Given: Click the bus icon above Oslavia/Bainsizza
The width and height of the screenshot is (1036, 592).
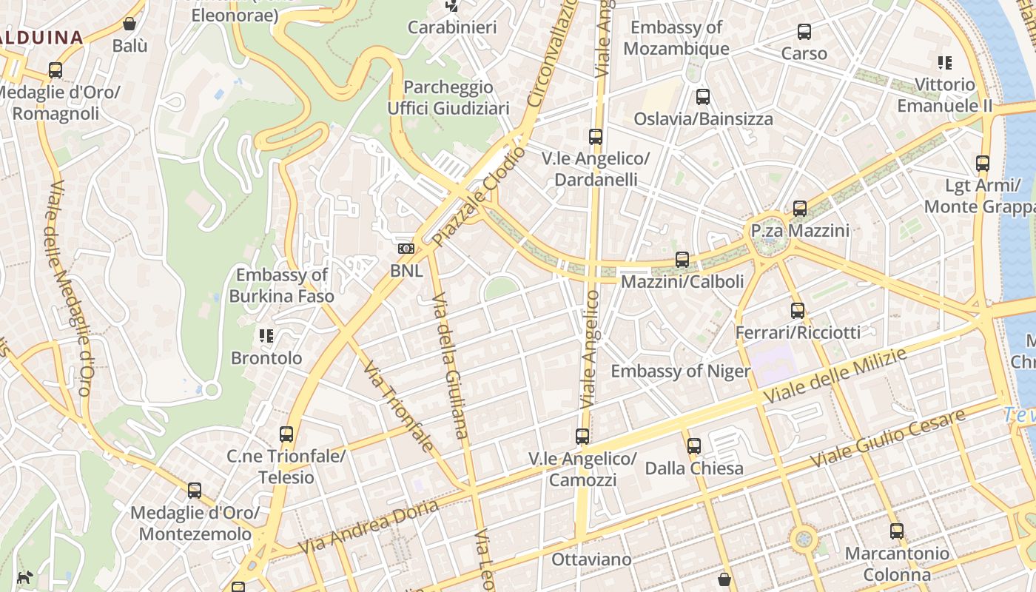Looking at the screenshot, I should tap(702, 97).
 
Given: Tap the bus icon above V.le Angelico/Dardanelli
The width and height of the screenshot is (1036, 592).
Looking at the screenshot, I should tap(595, 137).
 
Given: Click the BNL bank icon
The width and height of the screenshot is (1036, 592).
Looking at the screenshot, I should tap(406, 249).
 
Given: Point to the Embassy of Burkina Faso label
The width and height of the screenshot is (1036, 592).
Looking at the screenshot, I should tap(281, 286).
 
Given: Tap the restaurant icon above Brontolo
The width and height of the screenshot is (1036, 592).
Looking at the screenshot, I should tap(266, 337).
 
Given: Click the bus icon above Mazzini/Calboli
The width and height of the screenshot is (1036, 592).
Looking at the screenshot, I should tap(682, 260).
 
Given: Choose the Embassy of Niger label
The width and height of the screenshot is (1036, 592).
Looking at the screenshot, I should tap(680, 371).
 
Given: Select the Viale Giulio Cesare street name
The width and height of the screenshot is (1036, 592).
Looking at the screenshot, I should tap(888, 437).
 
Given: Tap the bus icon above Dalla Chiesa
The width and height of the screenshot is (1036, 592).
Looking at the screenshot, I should tap(693, 446).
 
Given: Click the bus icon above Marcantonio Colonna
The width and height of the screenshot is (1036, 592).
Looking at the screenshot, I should tap(897, 531).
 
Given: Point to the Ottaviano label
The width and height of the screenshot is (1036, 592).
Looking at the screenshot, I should tap(591, 559).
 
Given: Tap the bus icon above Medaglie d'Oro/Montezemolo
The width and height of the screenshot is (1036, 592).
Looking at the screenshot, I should tap(195, 491).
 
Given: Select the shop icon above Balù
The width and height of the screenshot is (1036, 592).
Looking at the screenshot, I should tap(129, 24).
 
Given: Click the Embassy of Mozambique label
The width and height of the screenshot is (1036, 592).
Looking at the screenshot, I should tap(676, 38).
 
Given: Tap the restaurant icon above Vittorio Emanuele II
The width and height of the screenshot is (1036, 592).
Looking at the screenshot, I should tap(944, 63).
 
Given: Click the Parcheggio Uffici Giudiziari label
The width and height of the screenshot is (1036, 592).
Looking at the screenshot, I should tap(448, 98).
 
